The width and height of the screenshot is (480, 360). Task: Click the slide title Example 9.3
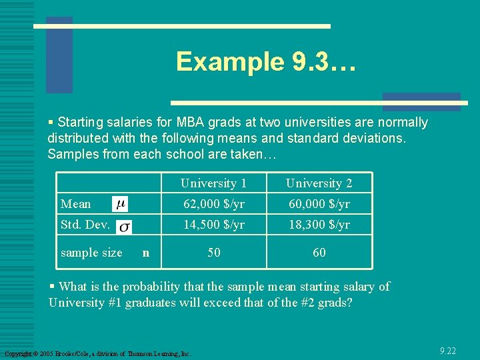[266, 62]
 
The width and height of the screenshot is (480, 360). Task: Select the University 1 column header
[213, 183]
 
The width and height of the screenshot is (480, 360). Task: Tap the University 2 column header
[319, 183]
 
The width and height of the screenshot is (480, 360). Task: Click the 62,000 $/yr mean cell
[213, 204]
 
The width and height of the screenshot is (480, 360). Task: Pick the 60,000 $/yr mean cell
[319, 204]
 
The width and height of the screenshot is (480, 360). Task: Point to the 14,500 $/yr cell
[213, 225]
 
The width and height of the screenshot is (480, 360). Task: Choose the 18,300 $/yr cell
[319, 225]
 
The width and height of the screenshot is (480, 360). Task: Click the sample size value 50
[214, 253]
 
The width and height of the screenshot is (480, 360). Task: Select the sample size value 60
[319, 253]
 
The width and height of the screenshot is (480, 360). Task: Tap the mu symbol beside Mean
[120, 203]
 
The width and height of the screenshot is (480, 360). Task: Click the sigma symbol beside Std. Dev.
[124, 227]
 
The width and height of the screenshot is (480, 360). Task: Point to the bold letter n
[146, 253]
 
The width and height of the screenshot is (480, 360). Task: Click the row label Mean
[75, 204]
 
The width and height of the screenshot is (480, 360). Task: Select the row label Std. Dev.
[85, 225]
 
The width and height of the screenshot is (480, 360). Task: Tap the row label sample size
[91, 253]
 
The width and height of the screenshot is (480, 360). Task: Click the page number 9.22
[448, 351]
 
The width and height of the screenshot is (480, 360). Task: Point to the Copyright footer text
[97, 353]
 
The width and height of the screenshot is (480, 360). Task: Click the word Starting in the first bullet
[79, 123]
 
